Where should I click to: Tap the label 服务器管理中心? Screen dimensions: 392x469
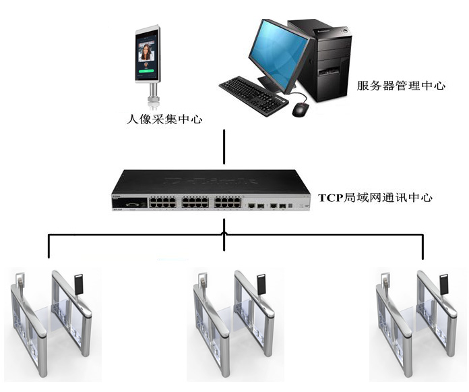pyautogui.click(x=402, y=86)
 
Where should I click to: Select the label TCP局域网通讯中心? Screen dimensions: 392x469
pyautogui.click(x=375, y=198)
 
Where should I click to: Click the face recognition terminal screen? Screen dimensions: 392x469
pyautogui.click(x=148, y=53)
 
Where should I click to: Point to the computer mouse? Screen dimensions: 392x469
pyautogui.click(x=300, y=109)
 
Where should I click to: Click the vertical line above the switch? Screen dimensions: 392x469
pyautogui.click(x=224, y=146)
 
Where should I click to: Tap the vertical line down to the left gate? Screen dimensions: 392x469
pyautogui.click(x=49, y=246)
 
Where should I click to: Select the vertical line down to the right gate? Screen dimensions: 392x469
pyautogui.click(x=423, y=246)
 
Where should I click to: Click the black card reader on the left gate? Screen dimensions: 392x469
pyautogui.click(x=80, y=284)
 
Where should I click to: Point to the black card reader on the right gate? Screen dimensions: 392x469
pyautogui.click(x=445, y=284)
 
